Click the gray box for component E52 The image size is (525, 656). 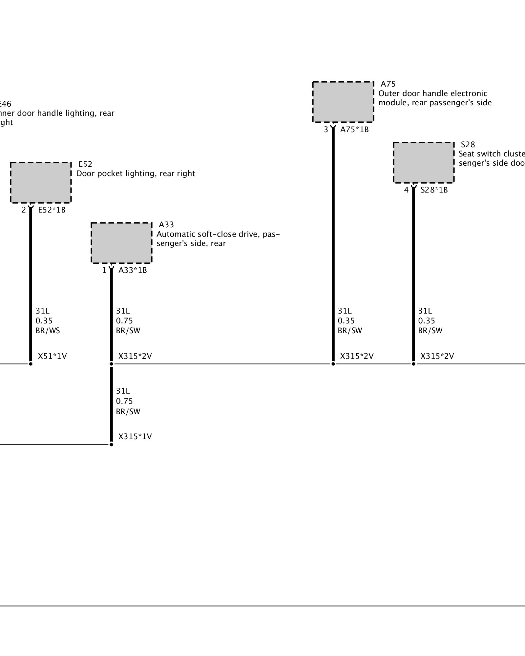point(41,182)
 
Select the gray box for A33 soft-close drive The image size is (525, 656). point(121,243)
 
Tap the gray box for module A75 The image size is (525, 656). point(343,102)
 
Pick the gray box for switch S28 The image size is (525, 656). point(424,162)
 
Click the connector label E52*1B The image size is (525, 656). point(52,210)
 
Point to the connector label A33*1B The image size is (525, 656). point(133,270)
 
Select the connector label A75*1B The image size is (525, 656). point(354,130)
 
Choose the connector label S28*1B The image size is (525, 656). point(434,190)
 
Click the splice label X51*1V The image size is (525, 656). point(52,356)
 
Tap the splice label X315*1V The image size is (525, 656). point(135,437)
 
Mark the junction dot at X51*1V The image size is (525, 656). point(31,364)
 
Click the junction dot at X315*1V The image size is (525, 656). point(111,444)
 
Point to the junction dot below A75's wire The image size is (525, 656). point(333,364)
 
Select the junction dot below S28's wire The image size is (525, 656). point(413,364)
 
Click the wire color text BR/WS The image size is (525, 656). point(48,331)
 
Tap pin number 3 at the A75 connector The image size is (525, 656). point(326,130)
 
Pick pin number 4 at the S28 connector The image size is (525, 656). point(406,190)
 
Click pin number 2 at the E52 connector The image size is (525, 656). point(24,210)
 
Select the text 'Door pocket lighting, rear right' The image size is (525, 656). point(136,174)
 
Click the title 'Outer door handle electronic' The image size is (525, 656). point(432,93)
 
